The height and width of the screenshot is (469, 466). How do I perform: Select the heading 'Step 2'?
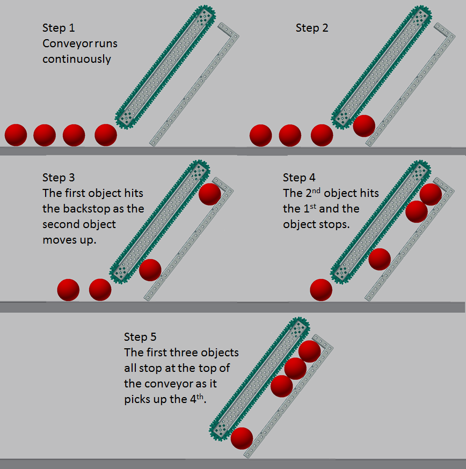tap(312, 28)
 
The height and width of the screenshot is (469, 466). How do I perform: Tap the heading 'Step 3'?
tap(59, 178)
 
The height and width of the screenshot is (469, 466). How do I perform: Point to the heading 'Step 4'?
tap(299, 178)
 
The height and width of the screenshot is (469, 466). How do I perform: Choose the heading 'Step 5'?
tap(140, 337)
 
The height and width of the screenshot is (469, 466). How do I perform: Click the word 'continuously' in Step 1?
tap(77, 58)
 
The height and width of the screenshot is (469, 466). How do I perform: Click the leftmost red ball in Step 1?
tap(16, 135)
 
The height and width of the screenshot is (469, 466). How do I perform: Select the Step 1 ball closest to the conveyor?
tap(106, 135)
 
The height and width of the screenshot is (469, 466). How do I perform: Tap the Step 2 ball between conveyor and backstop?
tap(364, 126)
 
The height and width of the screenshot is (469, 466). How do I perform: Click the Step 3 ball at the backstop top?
tap(209, 194)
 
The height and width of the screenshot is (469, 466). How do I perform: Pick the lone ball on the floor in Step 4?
tap(321, 290)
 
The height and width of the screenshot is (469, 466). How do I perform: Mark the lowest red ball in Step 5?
tap(242, 438)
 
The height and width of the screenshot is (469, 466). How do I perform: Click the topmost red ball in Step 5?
tap(310, 351)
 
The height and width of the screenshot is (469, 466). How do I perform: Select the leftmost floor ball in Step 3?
tap(68, 290)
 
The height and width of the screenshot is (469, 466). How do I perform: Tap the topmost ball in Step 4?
tap(431, 194)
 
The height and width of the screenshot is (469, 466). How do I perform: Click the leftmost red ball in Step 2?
tap(261, 135)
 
